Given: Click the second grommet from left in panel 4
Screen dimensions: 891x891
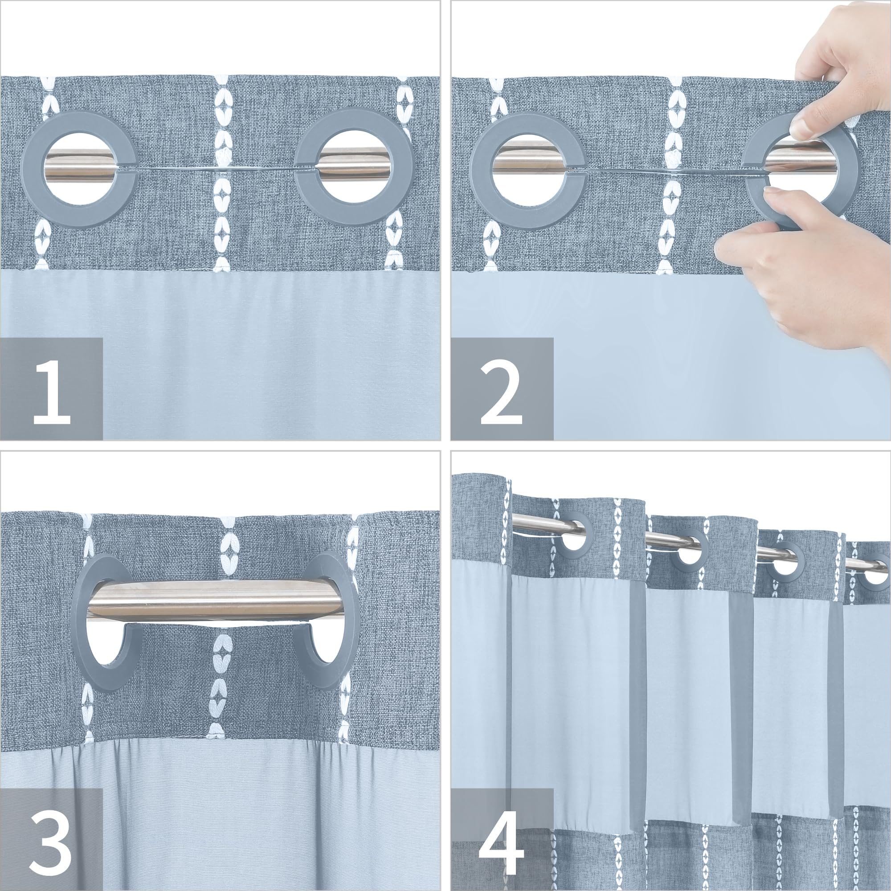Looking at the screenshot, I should click(x=690, y=553).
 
